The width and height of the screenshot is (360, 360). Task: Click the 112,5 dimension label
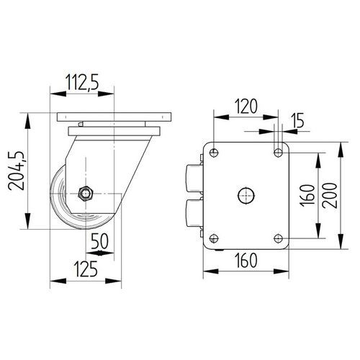(82, 82)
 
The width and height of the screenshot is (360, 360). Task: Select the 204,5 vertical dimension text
(16, 171)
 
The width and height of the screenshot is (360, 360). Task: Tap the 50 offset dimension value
(99, 240)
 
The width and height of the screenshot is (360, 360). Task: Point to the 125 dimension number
(86, 269)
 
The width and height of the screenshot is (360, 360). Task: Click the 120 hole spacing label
(246, 106)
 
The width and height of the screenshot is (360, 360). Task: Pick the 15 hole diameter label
(297, 120)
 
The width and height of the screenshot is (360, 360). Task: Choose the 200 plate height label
(330, 195)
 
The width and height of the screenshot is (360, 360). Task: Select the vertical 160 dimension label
(307, 194)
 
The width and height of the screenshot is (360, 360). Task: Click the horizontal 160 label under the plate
(246, 261)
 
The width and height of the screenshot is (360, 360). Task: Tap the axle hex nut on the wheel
(86, 193)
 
